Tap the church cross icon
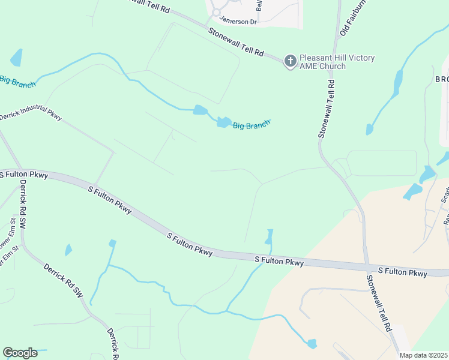click(x=291, y=61)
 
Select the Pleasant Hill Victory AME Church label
click(x=337, y=62)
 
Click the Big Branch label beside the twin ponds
click(x=252, y=124)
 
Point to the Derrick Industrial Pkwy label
click(x=31, y=113)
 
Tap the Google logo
click(x=20, y=353)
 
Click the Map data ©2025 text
click(x=423, y=355)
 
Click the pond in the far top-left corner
click(x=17, y=58)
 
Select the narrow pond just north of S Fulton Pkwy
click(x=269, y=237)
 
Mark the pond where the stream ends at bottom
click(x=312, y=344)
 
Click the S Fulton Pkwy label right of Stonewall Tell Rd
click(x=403, y=272)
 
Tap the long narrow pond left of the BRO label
click(x=397, y=83)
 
